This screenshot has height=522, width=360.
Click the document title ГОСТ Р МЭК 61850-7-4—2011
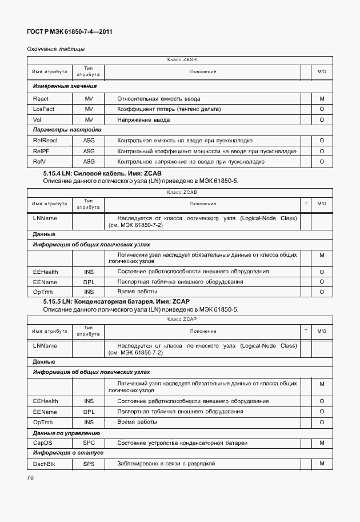tap(69, 32)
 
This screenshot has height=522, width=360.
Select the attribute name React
tap(41, 99)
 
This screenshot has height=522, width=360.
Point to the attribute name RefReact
tap(45, 141)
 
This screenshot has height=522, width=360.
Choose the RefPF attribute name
tap(42, 151)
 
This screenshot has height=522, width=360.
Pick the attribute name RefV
tap(40, 162)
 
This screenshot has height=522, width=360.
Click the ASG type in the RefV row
tap(89, 162)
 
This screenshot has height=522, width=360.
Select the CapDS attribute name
tap(43, 443)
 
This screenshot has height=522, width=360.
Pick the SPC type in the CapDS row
tap(89, 443)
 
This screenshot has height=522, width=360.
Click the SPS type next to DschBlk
tap(89, 464)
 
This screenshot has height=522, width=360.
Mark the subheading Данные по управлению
tap(66, 433)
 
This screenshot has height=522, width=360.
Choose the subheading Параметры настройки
tap(67, 130)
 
